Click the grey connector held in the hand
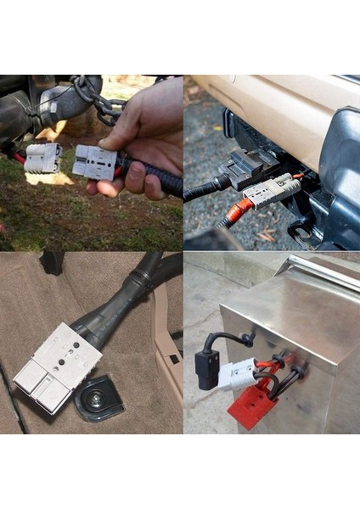pos(93,161)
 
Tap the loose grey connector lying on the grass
pos(43,157)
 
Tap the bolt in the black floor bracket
pos(95,393)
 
